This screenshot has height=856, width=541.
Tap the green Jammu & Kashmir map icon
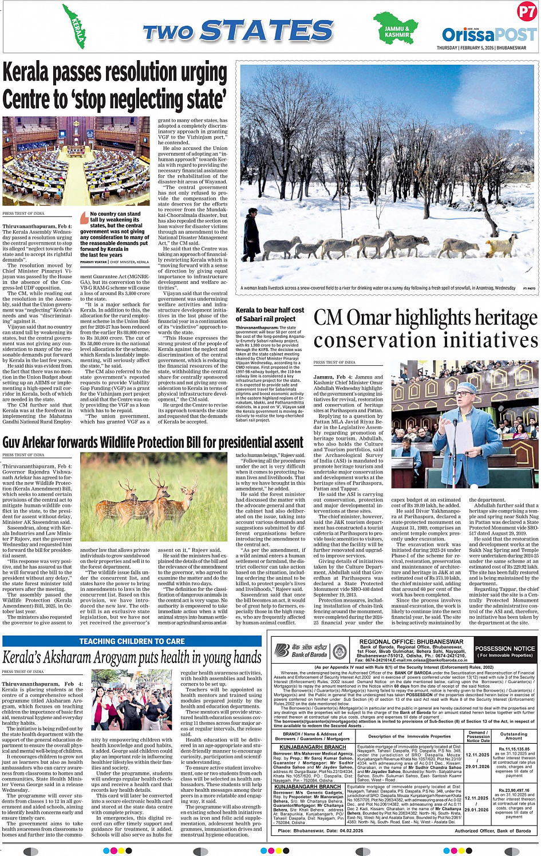[396, 29]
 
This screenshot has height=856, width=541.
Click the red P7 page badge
[526, 11]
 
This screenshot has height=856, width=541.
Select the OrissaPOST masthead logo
[489, 34]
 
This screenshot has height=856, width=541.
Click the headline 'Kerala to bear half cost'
[270, 310]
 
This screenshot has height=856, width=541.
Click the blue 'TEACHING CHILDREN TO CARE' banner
[132, 641]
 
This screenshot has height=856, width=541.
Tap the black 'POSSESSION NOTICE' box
[504, 651]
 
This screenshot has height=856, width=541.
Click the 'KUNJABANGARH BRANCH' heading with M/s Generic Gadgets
[307, 787]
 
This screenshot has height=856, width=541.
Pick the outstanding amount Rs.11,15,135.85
[514, 749]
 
